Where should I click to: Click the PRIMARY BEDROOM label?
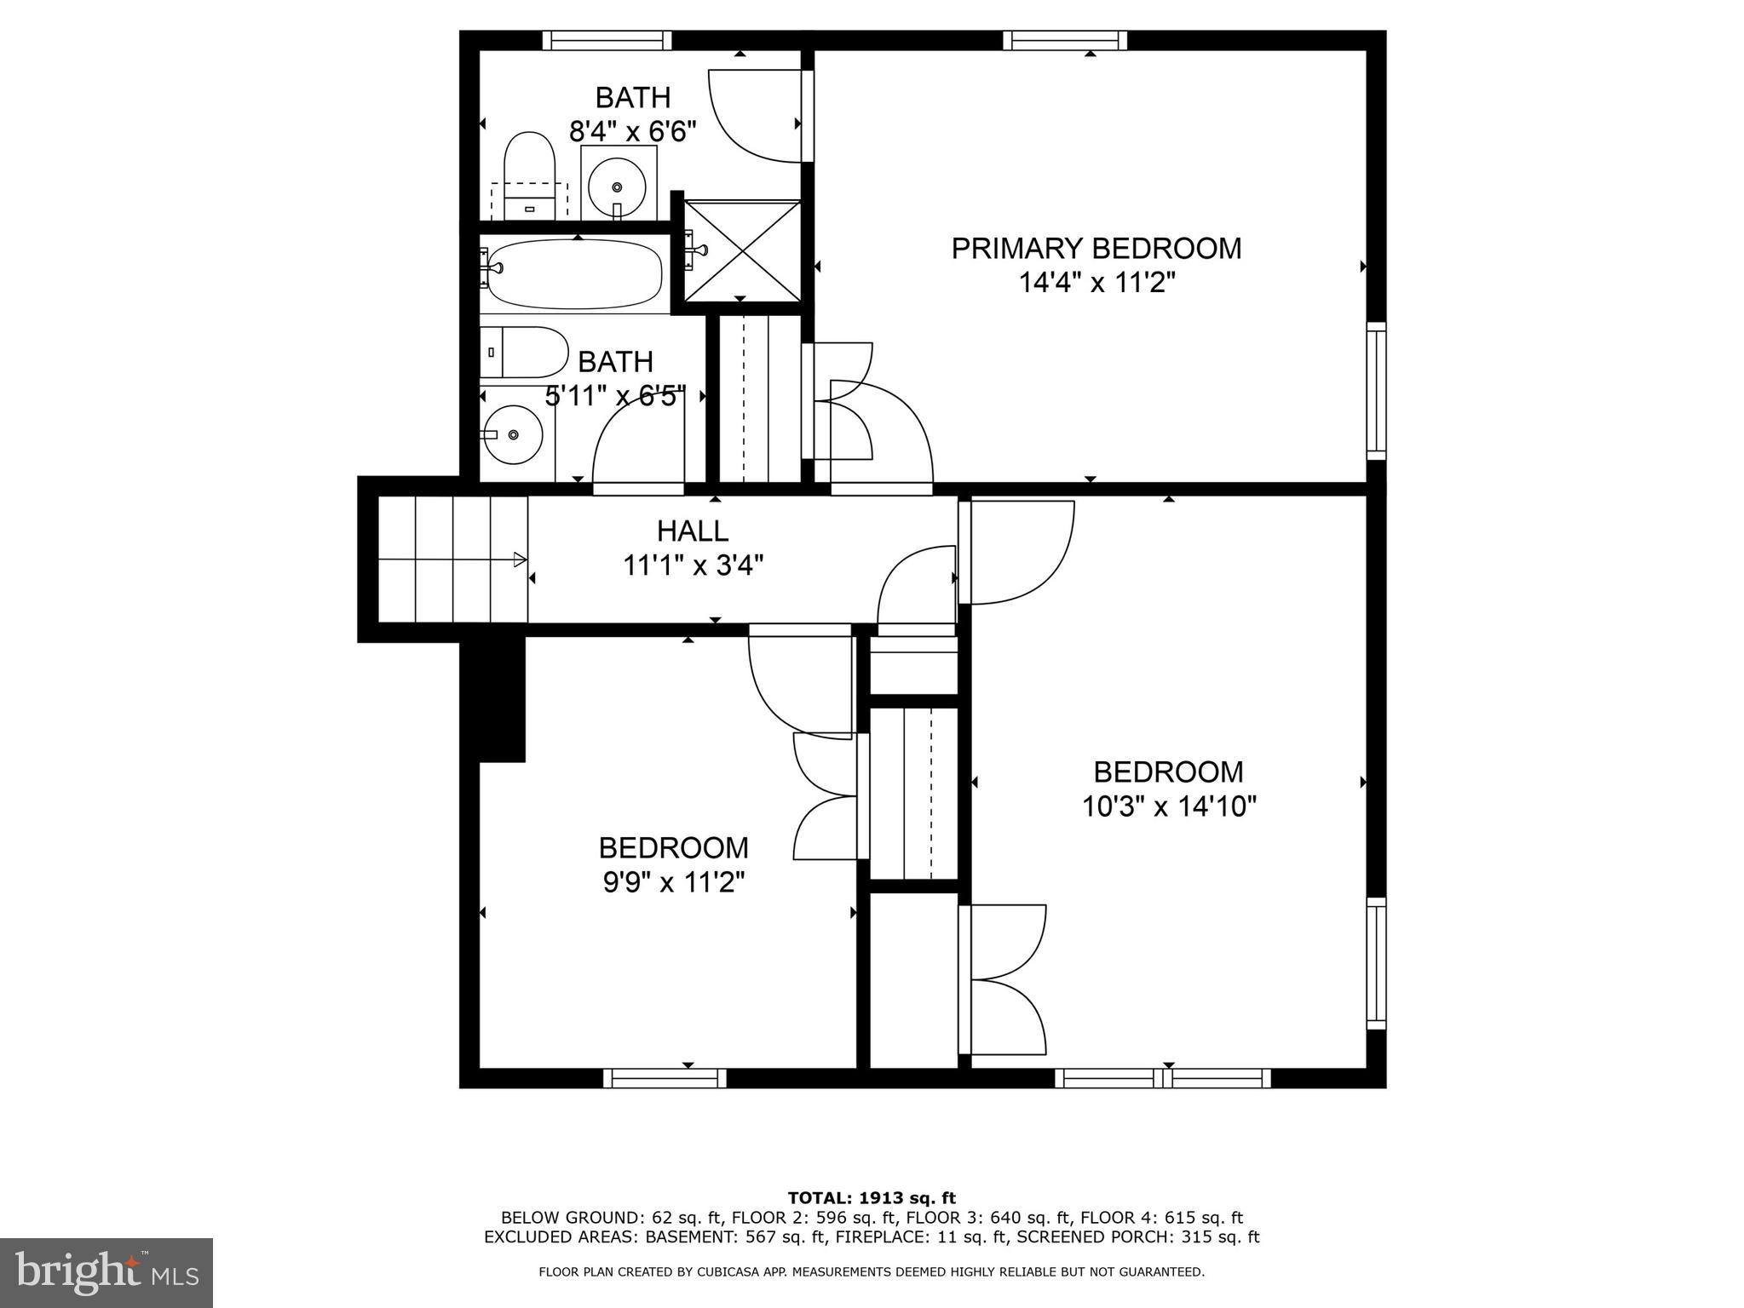[1096, 249]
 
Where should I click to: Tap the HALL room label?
[692, 531]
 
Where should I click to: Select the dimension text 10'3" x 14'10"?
[1169, 806]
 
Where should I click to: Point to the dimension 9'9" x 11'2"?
[673, 883]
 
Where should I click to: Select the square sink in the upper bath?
[619, 184]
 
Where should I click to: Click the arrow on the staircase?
[518, 559]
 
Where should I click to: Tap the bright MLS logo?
[106, 1273]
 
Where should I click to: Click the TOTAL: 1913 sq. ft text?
[872, 1198]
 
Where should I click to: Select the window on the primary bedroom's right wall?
[1376, 390]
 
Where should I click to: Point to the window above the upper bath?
[607, 40]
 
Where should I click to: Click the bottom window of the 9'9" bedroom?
[665, 1078]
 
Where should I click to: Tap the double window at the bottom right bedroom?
[1163, 1078]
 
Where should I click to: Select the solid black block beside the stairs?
[493, 698]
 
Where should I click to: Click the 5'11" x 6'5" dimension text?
[615, 396]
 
